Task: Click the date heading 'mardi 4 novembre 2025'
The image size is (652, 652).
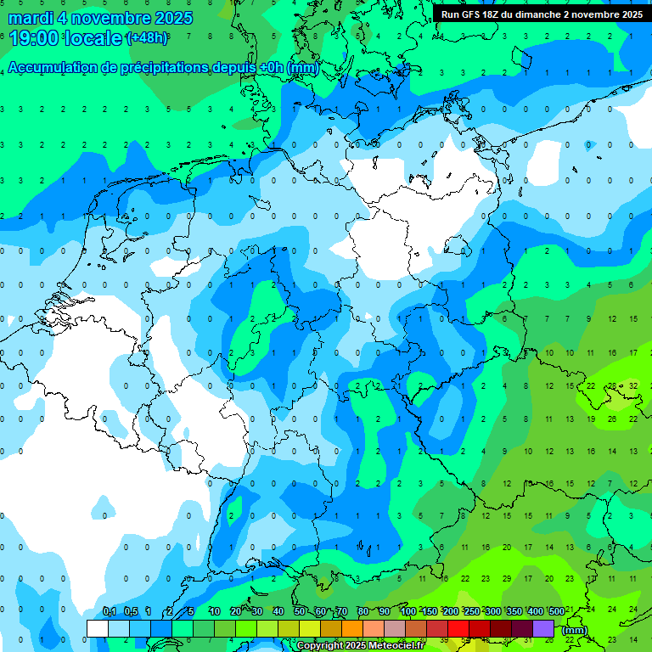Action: (101, 18)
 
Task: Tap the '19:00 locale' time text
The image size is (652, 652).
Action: (64, 38)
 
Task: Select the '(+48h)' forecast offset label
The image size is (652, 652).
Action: (147, 39)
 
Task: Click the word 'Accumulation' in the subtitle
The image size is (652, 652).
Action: (53, 68)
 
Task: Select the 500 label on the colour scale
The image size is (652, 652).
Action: (556, 612)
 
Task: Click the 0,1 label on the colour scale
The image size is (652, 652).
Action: (110, 612)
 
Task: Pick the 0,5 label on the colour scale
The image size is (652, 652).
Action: (131, 612)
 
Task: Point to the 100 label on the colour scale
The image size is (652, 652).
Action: (407, 612)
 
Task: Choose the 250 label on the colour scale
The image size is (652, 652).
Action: (471, 612)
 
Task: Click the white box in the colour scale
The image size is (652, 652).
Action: (98, 628)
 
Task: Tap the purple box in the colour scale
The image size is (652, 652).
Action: (543, 628)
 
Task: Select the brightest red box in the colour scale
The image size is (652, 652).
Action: (458, 628)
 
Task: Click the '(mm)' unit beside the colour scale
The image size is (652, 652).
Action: (575, 630)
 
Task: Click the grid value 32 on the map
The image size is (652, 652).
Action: (633, 385)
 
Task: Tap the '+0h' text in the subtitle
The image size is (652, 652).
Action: (271, 68)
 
